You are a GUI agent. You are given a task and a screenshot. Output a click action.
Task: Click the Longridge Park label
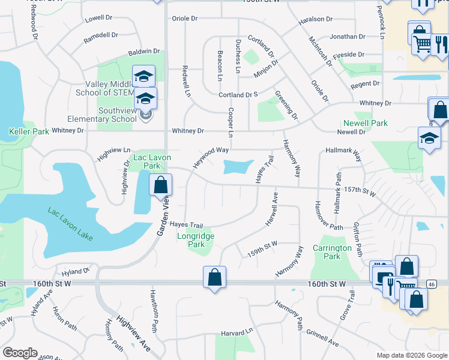196,240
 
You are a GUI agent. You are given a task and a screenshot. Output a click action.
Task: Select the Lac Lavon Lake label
70,224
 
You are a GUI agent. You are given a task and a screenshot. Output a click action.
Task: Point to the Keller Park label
28,131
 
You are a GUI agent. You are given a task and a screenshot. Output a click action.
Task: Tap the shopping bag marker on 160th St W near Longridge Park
214,278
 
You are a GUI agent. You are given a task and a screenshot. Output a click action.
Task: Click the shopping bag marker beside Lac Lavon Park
160,185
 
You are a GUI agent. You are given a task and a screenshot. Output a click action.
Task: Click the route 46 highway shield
431,283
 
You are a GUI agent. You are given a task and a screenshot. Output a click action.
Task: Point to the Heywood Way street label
210,157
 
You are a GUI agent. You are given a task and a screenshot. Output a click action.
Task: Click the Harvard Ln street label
237,333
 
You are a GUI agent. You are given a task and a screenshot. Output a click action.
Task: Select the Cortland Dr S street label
238,95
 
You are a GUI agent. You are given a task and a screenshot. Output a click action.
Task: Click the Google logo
20,353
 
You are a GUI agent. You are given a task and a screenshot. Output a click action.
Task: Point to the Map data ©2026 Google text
412,355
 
